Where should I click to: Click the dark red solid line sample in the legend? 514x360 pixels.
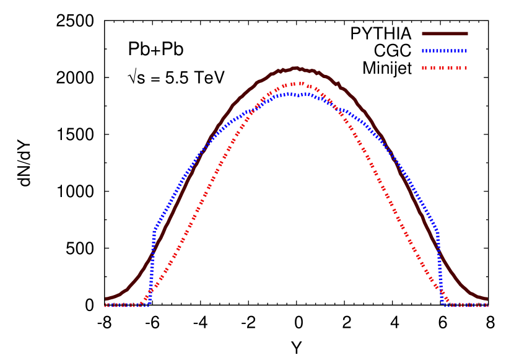[445, 33]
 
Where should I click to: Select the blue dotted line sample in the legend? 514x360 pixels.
[445, 51]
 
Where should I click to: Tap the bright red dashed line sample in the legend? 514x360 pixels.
[445, 68]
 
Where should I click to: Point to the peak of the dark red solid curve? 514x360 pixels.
[295, 68]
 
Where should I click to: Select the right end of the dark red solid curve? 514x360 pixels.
[486, 299]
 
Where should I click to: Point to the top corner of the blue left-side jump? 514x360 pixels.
[154, 230]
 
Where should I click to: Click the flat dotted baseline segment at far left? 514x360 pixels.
[124, 305]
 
